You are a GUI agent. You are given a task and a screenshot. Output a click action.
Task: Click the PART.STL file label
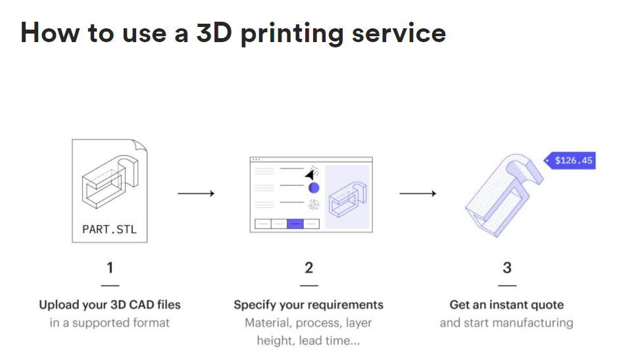109,230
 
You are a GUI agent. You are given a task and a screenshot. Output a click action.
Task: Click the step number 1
110,268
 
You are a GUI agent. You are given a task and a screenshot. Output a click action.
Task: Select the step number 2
308,268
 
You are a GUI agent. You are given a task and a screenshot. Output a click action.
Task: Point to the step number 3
506,268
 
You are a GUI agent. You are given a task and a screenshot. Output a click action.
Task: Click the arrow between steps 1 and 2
195,193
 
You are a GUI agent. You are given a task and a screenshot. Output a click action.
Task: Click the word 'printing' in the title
291,33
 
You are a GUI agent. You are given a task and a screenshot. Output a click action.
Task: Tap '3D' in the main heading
214,32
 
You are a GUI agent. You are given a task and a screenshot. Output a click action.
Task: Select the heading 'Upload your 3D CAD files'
110,305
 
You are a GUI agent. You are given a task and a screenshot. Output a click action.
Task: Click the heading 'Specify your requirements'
308,305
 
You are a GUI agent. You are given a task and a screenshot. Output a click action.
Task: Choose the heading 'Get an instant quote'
506,305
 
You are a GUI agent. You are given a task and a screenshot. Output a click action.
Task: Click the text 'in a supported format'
110,322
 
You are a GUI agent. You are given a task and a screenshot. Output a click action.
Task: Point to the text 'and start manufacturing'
506,322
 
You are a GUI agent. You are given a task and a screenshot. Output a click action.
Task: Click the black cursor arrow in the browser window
309,174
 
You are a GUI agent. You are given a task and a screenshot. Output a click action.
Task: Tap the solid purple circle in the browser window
314,188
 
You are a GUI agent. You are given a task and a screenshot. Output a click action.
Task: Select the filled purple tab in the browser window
295,224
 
